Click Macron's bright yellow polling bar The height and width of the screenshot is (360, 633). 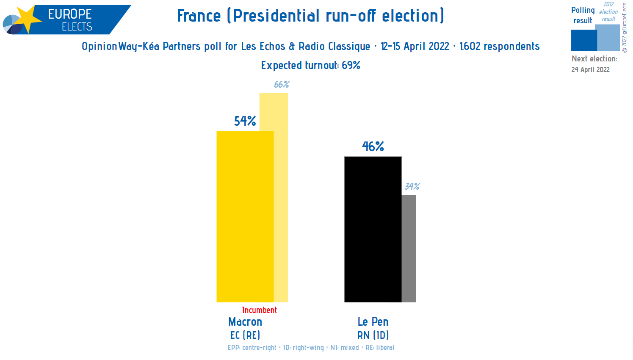(x=245, y=216)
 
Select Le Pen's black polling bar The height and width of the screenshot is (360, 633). (x=373, y=229)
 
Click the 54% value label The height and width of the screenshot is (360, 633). (x=245, y=121)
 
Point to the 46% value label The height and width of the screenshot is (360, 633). (x=373, y=147)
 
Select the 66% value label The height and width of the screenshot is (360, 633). (x=281, y=84)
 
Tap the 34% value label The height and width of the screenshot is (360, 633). (x=412, y=186)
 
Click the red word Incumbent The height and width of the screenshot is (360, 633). (x=259, y=310)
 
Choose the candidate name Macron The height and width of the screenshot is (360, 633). (x=245, y=322)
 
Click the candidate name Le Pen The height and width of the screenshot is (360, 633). (x=373, y=322)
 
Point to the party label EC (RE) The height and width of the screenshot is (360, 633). (x=245, y=335)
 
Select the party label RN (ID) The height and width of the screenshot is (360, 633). (x=373, y=335)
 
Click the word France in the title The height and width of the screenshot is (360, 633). (x=199, y=16)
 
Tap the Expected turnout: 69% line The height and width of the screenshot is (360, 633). (x=310, y=65)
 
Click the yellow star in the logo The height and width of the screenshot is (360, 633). (x=27, y=19)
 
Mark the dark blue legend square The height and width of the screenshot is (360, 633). (x=583, y=40)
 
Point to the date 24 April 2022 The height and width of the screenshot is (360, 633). (x=590, y=69)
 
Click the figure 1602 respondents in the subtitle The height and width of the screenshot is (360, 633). (x=499, y=46)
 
